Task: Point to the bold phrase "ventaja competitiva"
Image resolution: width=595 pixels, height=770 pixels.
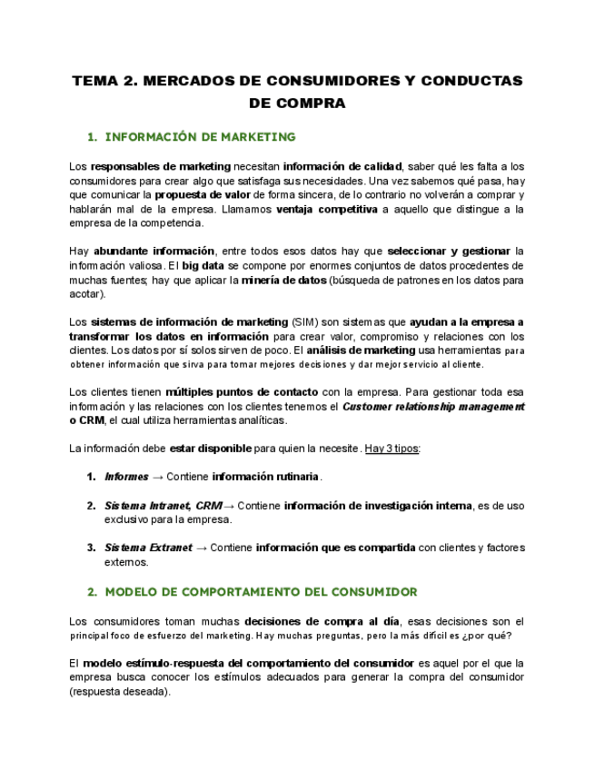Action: [326, 209]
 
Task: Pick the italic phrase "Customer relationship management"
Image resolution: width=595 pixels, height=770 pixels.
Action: [433, 407]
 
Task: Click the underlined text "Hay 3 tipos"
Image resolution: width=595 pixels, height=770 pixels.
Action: [392, 449]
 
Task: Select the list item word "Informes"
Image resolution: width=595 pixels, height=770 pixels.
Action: [126, 477]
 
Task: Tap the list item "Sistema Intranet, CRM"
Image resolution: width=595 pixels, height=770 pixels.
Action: [163, 506]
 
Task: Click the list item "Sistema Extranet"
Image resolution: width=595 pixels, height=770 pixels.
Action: [147, 548]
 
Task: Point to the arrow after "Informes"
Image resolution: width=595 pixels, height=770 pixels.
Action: [157, 477]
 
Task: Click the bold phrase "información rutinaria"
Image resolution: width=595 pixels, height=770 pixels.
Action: [265, 477]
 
